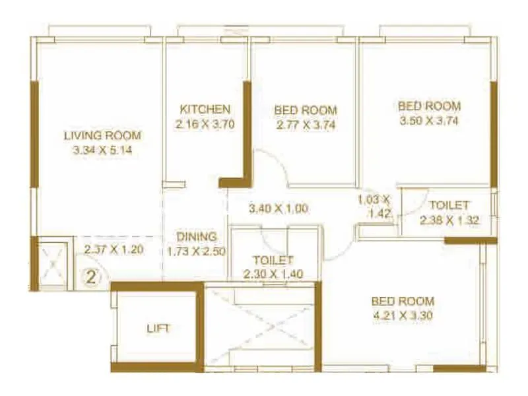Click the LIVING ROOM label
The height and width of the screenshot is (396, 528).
(102, 135)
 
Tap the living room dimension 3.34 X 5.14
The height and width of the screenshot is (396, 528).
(102, 150)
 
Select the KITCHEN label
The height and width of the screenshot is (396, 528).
(205, 109)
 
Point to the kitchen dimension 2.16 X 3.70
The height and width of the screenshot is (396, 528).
(205, 123)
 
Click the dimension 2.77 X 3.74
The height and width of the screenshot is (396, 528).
(306, 124)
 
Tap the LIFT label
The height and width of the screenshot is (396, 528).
(158, 328)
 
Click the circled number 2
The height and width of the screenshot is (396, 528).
(92, 276)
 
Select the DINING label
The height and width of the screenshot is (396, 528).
(196, 236)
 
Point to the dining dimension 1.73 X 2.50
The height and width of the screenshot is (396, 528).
(196, 251)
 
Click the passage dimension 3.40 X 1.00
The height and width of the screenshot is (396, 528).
(279, 209)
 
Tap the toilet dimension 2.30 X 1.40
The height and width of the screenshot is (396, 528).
(273, 275)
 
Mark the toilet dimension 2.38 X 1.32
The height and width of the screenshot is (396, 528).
(449, 220)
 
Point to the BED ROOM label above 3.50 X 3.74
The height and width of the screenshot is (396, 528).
(428, 106)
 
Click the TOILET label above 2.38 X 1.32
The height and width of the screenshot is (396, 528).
(449, 205)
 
